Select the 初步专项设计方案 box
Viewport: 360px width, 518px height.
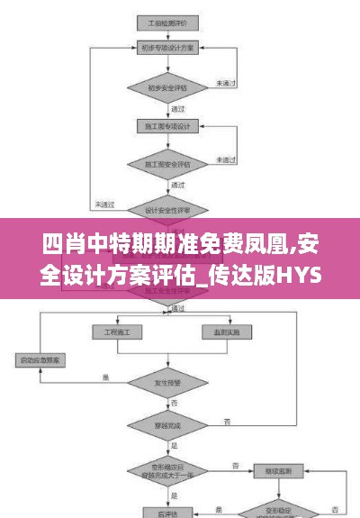[x=164, y=49]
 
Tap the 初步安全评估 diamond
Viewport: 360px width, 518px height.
[x=164, y=88]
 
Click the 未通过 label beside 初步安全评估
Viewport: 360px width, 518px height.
[x=225, y=84]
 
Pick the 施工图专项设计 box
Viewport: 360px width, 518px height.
[x=164, y=127]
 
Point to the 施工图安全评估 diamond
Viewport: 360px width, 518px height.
[x=164, y=165]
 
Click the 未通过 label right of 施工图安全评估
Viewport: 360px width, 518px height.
[x=226, y=159]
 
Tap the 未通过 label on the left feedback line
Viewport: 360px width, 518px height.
[x=104, y=203]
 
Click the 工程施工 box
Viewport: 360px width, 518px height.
[x=117, y=332]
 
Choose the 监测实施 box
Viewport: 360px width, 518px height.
[x=227, y=332]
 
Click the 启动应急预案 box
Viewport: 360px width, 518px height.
[x=43, y=361]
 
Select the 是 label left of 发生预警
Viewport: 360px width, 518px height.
[x=105, y=377]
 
